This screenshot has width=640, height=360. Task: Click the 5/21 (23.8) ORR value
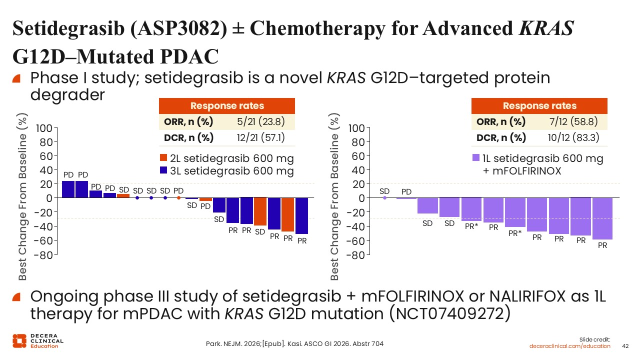pos(261,121)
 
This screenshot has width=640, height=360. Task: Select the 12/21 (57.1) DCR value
pos(261,137)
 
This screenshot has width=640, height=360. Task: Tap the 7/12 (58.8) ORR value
pos(573,121)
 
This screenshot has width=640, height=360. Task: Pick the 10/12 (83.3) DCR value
pos(573,137)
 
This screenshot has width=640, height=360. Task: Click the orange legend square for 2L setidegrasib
pos(163,157)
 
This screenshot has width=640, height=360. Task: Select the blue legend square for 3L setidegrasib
pos(163,170)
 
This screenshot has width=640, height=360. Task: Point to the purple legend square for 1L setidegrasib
pos(476,157)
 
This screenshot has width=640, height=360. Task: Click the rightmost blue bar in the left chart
pos(301,215)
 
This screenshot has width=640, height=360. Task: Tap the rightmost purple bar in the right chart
pos(602,218)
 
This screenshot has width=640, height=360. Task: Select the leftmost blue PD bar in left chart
pos(68,189)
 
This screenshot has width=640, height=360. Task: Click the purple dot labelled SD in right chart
pos(384,197)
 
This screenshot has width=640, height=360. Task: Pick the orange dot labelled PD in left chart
pos(178,197)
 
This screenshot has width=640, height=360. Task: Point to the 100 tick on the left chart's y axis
pos(44,128)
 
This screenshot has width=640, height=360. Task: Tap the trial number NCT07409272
pos(449,313)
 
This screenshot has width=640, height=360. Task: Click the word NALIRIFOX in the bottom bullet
pos(527,296)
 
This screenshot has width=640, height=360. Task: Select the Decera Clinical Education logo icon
pos(19,341)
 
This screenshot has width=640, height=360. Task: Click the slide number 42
pos(625,346)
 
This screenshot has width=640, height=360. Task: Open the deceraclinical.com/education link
pos(569,346)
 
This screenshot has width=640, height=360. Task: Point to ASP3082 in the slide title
pos(178,28)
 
